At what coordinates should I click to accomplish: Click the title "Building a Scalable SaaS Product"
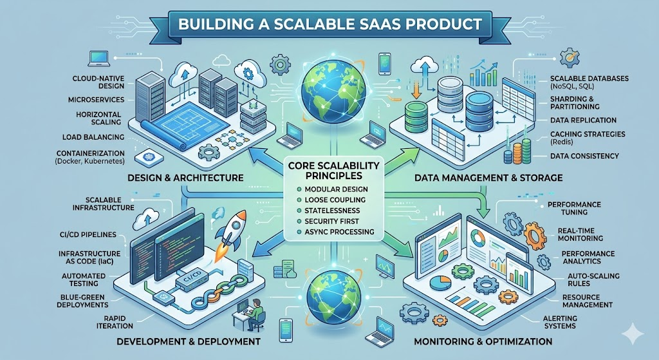(329, 24)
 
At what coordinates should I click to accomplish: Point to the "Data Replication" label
(583, 120)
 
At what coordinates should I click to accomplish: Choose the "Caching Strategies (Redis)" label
(588, 138)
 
